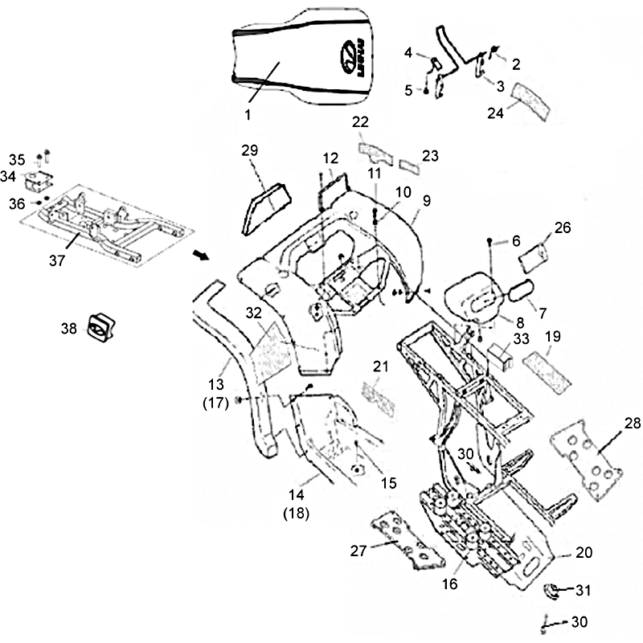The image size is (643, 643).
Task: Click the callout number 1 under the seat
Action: tap(248, 115)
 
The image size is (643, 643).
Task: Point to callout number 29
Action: tap(249, 149)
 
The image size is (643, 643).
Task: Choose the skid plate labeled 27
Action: tap(406, 542)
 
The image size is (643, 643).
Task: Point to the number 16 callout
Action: tap(450, 584)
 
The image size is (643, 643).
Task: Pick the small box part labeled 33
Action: tap(501, 354)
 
